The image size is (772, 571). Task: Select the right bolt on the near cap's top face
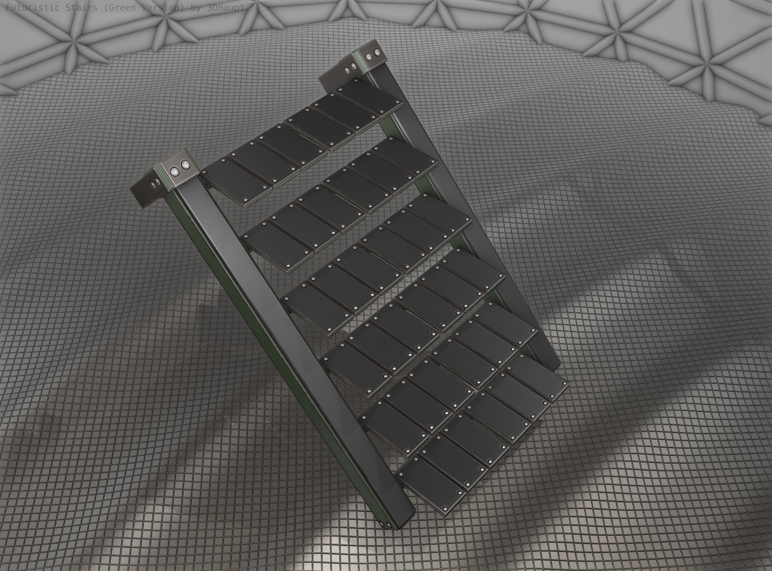tap(186, 164)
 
